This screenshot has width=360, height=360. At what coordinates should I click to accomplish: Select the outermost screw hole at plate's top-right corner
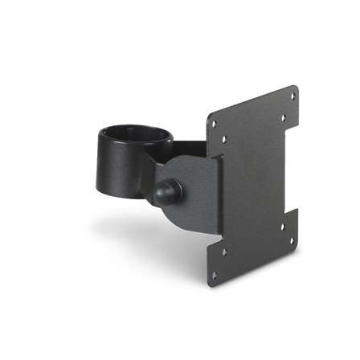click(292, 96)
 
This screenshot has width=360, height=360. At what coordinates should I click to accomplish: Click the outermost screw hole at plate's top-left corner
click(214, 121)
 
